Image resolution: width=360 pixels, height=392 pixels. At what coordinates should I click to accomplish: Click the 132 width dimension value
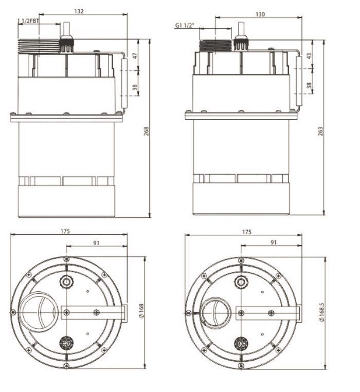click(x=79, y=11)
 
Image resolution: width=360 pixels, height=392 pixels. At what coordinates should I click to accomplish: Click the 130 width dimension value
click(x=260, y=14)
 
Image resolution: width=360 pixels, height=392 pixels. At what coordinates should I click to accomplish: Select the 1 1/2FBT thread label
click(x=28, y=21)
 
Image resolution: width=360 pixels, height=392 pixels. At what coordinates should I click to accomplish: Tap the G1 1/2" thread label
click(x=185, y=26)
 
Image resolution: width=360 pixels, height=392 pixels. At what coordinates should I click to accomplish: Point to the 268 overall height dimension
click(x=146, y=131)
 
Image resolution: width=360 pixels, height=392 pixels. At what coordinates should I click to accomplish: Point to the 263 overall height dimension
click(x=320, y=131)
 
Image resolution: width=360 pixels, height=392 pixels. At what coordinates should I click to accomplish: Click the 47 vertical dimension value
click(x=135, y=56)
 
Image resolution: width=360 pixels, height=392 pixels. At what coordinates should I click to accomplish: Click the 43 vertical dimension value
click(x=309, y=56)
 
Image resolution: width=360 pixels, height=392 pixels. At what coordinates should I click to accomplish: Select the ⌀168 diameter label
click(x=141, y=311)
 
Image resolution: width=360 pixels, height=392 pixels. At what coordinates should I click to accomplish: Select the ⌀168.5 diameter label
click(x=322, y=312)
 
